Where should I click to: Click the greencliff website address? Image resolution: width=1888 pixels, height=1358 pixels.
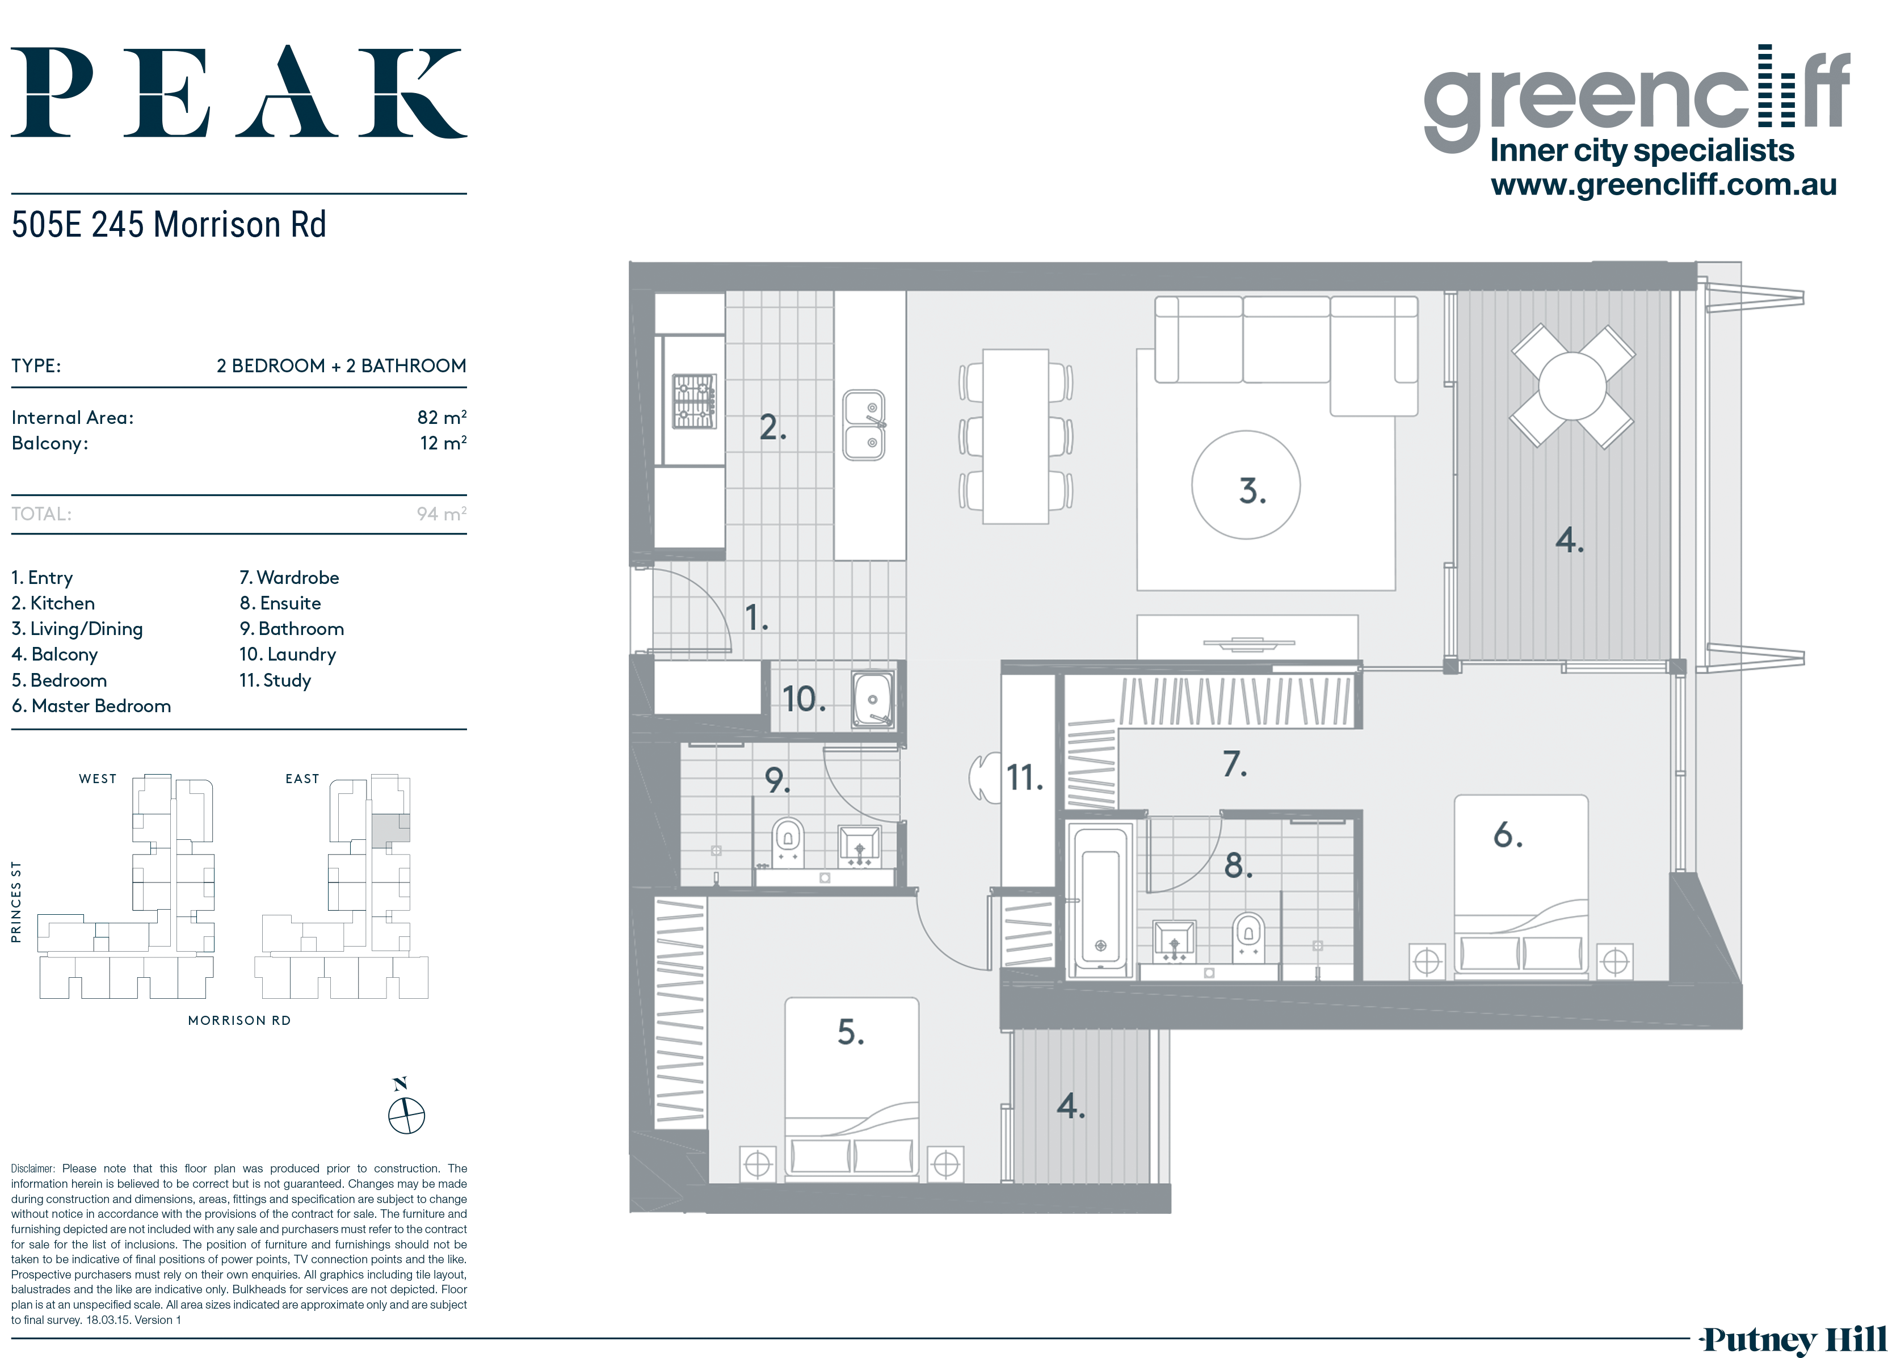pyautogui.click(x=1663, y=184)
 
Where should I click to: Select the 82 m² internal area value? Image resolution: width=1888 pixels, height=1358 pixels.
pyautogui.click(x=441, y=417)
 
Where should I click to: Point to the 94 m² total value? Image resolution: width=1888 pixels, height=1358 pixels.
pyautogui.click(x=441, y=514)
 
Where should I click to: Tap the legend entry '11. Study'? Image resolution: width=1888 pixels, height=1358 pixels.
pyautogui.click(x=275, y=680)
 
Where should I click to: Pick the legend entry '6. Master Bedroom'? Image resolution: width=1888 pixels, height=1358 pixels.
pyautogui.click(x=91, y=706)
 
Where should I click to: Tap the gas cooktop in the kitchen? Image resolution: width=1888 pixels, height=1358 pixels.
pyautogui.click(x=694, y=401)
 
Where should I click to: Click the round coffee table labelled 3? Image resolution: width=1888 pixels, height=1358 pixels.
pyautogui.click(x=1246, y=485)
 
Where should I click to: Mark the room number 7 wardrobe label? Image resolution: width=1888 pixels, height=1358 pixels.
pyautogui.click(x=1234, y=763)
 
